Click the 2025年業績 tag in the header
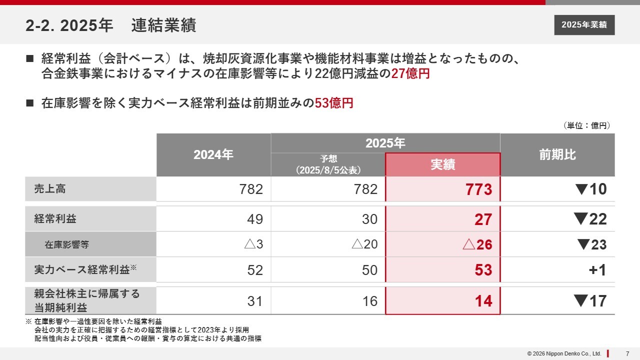pos(584,25)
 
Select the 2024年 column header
pos(213,155)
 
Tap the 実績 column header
pos(442,164)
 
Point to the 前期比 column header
pos(557,155)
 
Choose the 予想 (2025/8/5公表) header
pos(328,164)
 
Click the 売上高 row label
pos(50,189)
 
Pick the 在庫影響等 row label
pos(67,244)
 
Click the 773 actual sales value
pos(478,189)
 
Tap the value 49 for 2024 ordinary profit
pos(255,219)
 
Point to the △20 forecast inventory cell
pos(364,244)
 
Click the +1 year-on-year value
pos(597,270)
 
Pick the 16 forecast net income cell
pos(369,301)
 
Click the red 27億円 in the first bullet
pos(410,74)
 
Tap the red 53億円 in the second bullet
pos(333,103)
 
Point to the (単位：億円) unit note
pos(586,126)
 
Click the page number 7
pos(627,353)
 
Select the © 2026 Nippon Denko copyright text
pos(564,353)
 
